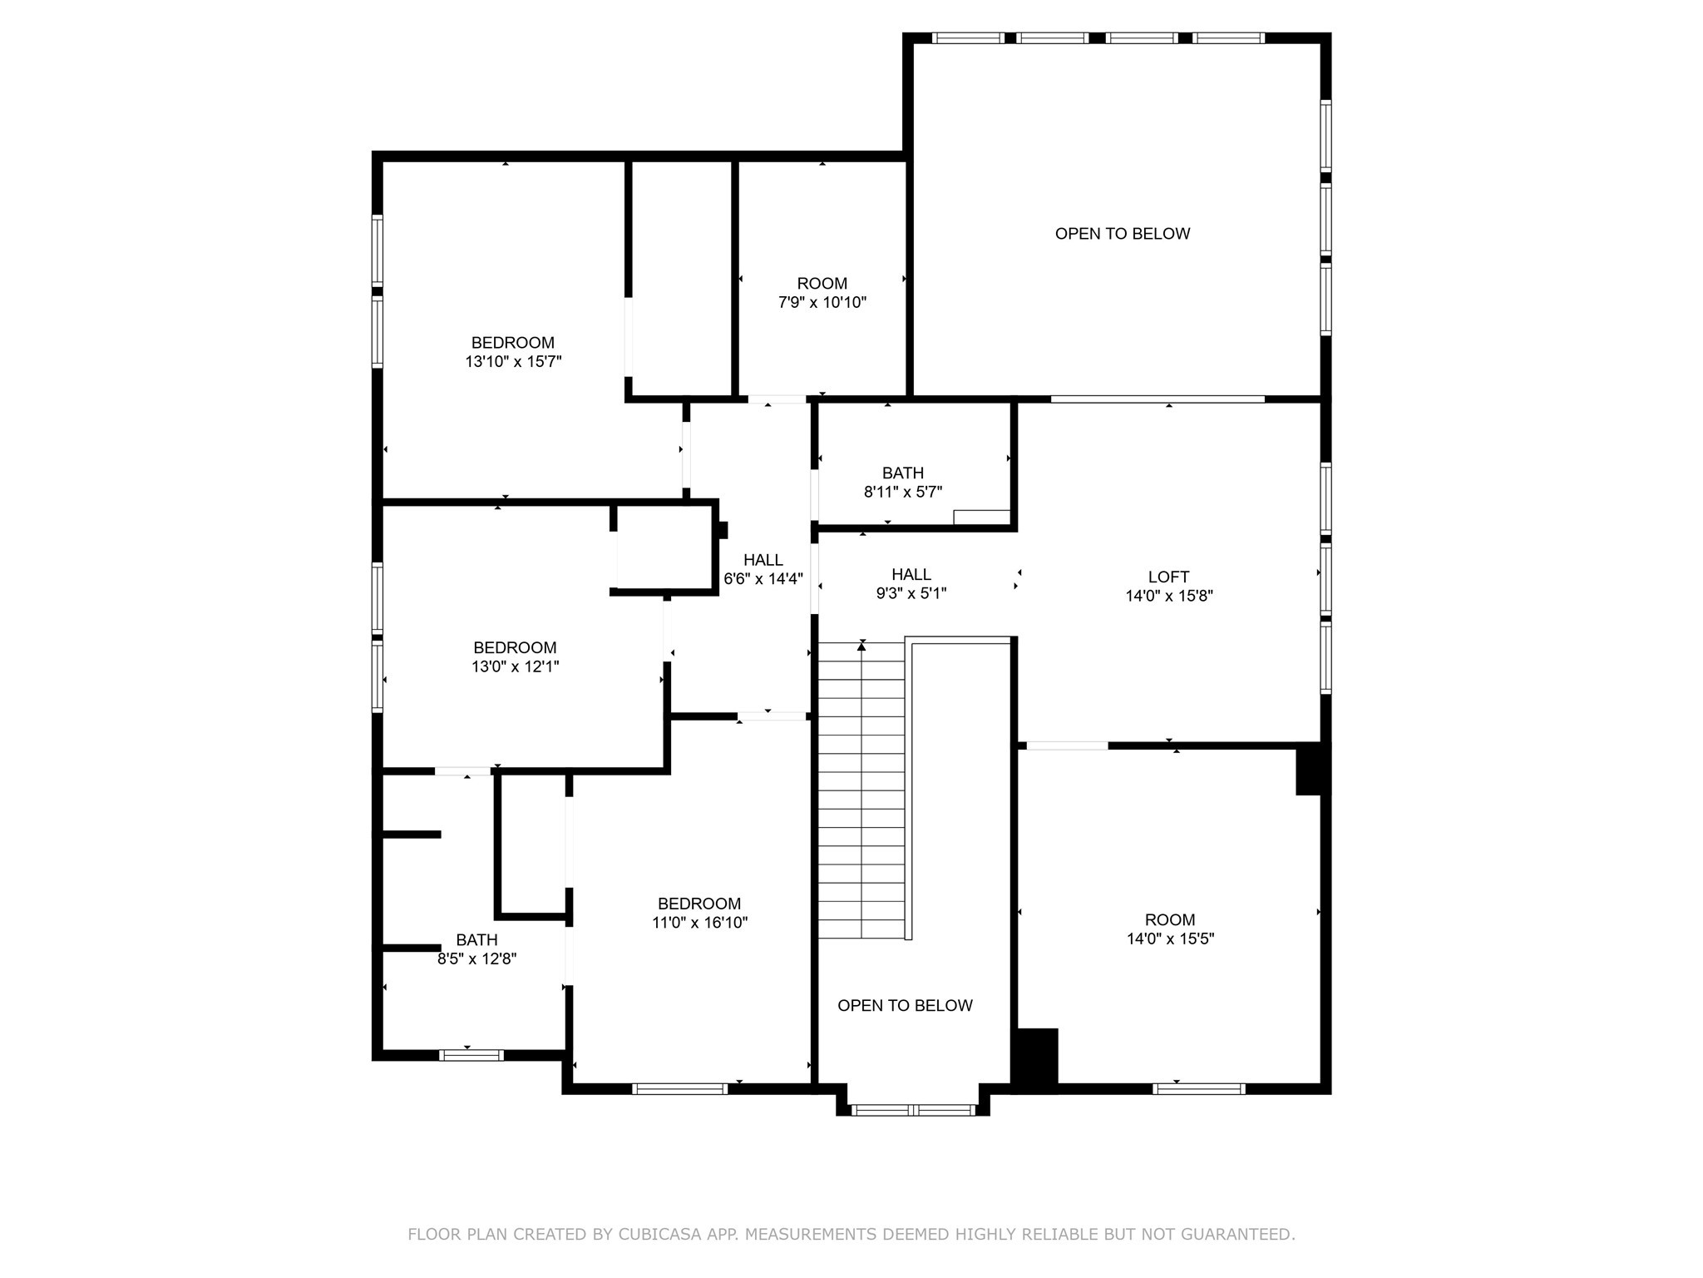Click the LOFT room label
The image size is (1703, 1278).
coord(1168,577)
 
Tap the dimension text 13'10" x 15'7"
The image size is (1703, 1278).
coord(513,362)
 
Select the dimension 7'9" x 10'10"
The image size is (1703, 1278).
coord(822,303)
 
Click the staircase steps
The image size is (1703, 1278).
coord(861,790)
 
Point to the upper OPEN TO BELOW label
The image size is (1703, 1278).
coord(1122,234)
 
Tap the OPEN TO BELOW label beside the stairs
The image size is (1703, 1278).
coord(905,1006)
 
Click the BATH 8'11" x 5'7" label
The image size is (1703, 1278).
coord(902,483)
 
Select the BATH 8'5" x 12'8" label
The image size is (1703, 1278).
coord(476,949)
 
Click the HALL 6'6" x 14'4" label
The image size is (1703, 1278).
coord(763,569)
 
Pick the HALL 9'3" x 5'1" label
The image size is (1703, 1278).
coord(911,583)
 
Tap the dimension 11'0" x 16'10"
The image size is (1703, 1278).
coord(699,923)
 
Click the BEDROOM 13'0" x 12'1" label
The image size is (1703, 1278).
coord(515,656)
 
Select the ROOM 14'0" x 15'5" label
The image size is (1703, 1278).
coord(1169,929)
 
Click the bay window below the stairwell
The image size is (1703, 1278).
coord(913,1109)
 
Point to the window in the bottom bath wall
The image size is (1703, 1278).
coord(471,1055)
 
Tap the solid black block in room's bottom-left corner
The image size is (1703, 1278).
coord(1034,1056)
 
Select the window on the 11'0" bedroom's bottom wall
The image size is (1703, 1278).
coord(679,1088)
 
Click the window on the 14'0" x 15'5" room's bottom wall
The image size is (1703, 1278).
coord(1198,1088)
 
